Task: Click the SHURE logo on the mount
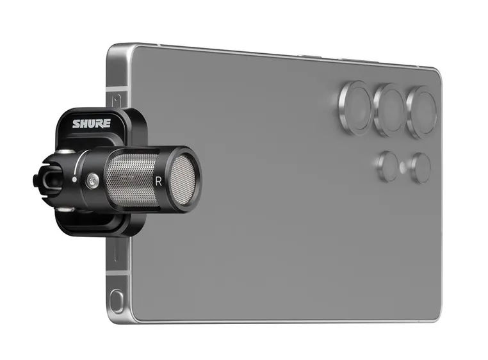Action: click(91, 124)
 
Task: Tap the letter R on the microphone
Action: click(158, 181)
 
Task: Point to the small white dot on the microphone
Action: click(76, 180)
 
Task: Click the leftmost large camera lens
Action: click(355, 105)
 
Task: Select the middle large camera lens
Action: click(390, 109)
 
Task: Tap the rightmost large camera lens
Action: click(423, 112)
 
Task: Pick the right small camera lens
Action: click(420, 168)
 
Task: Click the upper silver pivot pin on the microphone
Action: click(66, 152)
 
